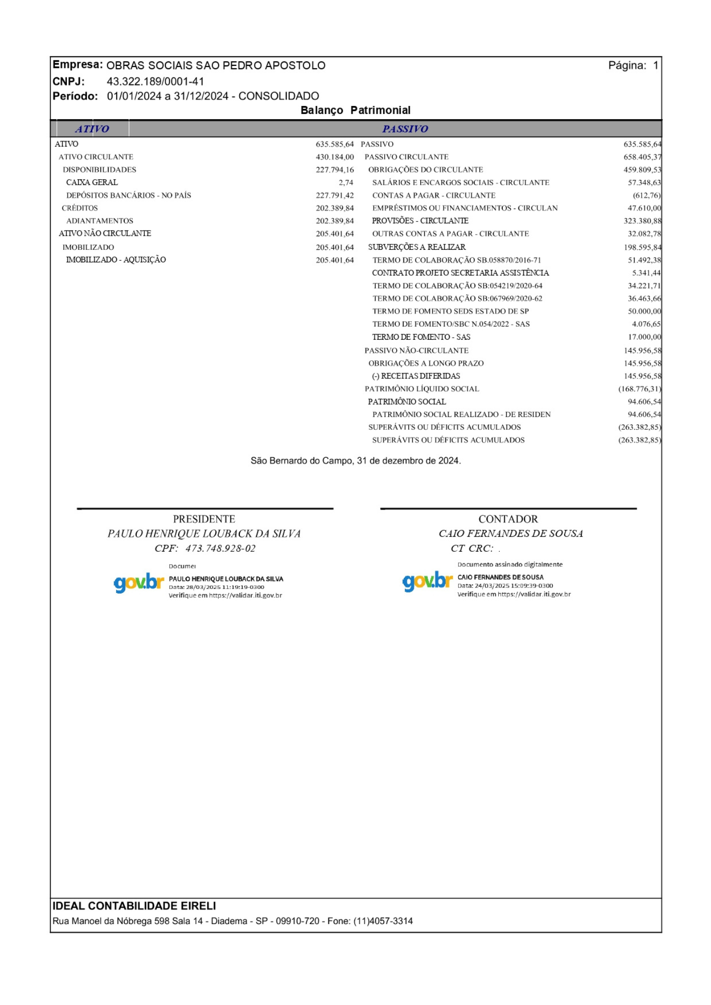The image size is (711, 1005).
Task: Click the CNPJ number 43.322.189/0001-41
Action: pyautogui.click(x=155, y=81)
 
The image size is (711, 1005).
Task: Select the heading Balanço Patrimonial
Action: pyautogui.click(x=355, y=111)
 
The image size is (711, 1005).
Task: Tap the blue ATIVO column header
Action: pyautogui.click(x=92, y=129)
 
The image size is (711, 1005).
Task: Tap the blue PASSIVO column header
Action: pyautogui.click(x=405, y=129)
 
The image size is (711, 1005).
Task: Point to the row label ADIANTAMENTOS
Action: pyautogui.click(x=100, y=221)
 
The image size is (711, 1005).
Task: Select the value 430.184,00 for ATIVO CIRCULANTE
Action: pyautogui.click(x=334, y=157)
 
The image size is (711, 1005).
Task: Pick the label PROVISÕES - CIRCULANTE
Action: pyautogui.click(x=420, y=221)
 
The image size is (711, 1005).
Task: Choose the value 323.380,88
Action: pyautogui.click(x=642, y=221)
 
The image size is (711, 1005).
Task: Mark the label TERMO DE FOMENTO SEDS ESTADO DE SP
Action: pyautogui.click(x=450, y=312)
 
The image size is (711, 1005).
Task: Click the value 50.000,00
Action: pyautogui.click(x=644, y=312)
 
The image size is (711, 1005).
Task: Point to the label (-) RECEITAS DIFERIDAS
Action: pyautogui.click(x=416, y=376)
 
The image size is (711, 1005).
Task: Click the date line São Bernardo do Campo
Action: pyautogui.click(x=355, y=461)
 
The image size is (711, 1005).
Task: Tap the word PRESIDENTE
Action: pyautogui.click(x=204, y=519)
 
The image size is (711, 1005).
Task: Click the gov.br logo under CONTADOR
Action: pyautogui.click(x=427, y=581)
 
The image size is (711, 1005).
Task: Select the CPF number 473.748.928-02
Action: pyautogui.click(x=220, y=549)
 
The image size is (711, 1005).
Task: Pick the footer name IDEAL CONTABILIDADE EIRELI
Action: pyautogui.click(x=134, y=906)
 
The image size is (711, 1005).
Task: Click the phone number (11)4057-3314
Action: pyautogui.click(x=383, y=921)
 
